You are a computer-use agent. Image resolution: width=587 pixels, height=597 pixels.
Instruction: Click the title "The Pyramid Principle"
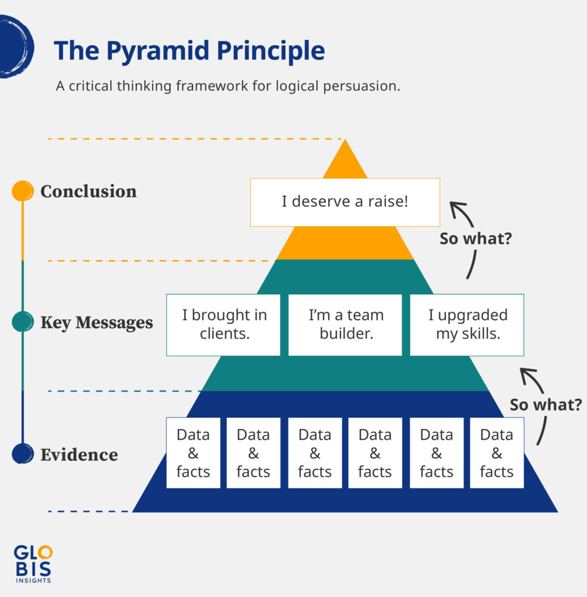pyautogui.click(x=189, y=51)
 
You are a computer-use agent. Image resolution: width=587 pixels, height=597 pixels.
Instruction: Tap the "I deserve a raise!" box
pyautogui.click(x=345, y=202)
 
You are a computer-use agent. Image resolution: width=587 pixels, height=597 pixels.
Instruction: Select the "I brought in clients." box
pyautogui.click(x=224, y=325)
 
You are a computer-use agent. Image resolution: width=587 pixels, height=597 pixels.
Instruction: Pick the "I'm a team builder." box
pyautogui.click(x=345, y=325)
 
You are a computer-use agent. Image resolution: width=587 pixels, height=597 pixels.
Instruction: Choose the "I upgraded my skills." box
pyautogui.click(x=467, y=325)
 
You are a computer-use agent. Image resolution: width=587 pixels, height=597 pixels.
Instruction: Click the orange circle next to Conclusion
pyautogui.click(x=22, y=191)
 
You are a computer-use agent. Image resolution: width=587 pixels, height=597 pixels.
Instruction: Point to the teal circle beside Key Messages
pyautogui.click(x=22, y=322)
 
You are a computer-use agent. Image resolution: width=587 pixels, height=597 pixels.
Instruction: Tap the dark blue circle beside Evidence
pyautogui.click(x=22, y=454)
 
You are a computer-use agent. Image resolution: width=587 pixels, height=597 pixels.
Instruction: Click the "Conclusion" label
pyautogui.click(x=89, y=191)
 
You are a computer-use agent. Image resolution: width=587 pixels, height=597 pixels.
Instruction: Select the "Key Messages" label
pyautogui.click(x=97, y=322)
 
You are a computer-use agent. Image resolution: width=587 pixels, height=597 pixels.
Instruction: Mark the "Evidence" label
pyautogui.click(x=79, y=455)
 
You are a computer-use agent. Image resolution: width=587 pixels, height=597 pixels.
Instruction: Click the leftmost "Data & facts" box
pyautogui.click(x=194, y=453)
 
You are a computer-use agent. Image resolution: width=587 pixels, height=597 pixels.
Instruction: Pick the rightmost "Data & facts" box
pyautogui.click(x=497, y=453)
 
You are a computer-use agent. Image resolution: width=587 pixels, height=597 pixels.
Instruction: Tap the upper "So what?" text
pyautogui.click(x=476, y=239)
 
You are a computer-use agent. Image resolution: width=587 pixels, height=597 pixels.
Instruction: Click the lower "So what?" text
pyautogui.click(x=546, y=405)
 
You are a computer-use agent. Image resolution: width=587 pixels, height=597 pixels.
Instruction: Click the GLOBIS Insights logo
pyautogui.click(x=33, y=563)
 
